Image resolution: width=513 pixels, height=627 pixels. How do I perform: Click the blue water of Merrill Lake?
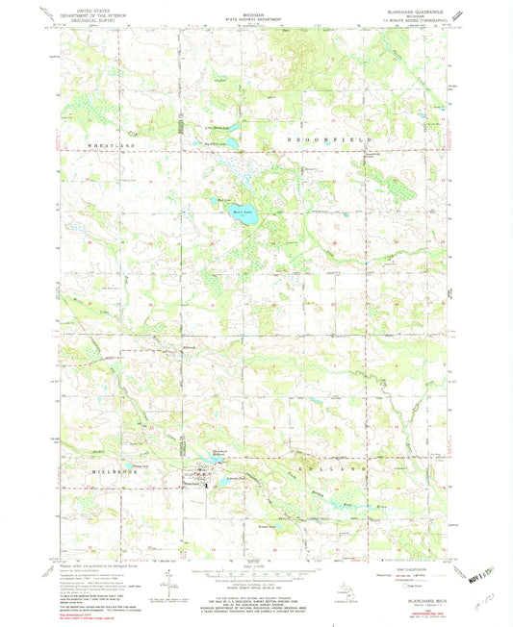243,218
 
